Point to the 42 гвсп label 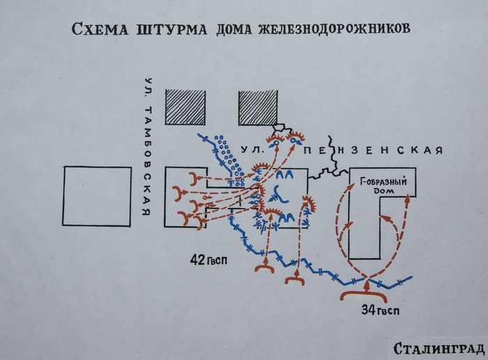click(x=208, y=260)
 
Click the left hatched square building click(x=185, y=107)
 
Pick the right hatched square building click(x=258, y=107)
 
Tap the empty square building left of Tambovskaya click(x=97, y=196)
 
